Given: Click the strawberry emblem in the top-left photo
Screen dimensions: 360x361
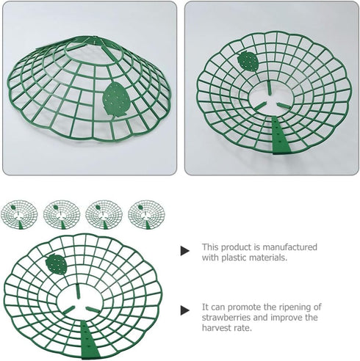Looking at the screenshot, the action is pyautogui.click(x=115, y=100).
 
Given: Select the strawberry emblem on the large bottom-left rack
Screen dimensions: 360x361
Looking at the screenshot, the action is pyautogui.click(x=56, y=263).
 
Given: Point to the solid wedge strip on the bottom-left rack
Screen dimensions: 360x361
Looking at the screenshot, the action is pyautogui.click(x=89, y=340).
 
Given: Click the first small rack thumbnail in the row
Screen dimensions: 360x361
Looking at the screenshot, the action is pyautogui.click(x=19, y=214).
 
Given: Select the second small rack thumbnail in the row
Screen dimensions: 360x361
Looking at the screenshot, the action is pyautogui.click(x=62, y=214).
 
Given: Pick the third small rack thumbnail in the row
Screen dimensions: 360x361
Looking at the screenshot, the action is pyautogui.click(x=104, y=214).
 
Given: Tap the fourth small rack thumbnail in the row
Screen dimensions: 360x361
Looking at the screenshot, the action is pyautogui.click(x=146, y=214).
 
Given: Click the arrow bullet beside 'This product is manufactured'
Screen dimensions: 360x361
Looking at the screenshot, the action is pyautogui.click(x=185, y=251).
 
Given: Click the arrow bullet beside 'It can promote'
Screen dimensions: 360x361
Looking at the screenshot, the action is pyautogui.click(x=185, y=310).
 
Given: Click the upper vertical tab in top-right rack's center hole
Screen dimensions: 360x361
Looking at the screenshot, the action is pyautogui.click(x=270, y=88).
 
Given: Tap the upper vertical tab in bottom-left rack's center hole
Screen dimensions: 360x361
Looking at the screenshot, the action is pyautogui.click(x=78, y=291).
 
